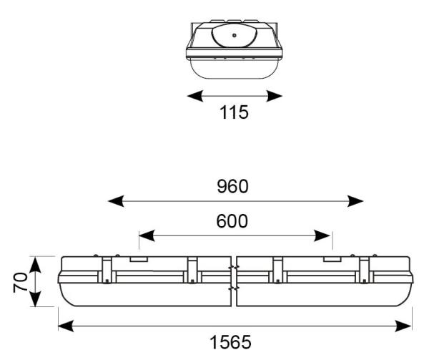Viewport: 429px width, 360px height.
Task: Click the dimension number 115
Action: tap(234, 113)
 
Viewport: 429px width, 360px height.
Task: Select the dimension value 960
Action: tap(233, 187)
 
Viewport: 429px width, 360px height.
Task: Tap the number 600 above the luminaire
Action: tap(234, 221)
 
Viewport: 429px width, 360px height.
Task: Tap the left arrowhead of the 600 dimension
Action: tap(144, 235)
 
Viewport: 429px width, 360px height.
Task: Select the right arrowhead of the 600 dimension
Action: tap(327, 235)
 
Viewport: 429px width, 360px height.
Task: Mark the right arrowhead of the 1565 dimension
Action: tap(408, 326)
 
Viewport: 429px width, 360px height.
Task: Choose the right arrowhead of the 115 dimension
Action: tap(277, 94)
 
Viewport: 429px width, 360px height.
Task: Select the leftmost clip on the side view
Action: tap(106, 271)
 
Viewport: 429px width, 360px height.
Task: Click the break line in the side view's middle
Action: tap(235, 280)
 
